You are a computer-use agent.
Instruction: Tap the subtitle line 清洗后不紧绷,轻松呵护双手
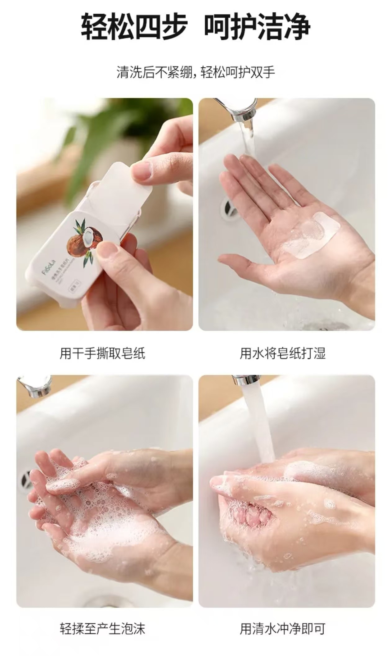pyautogui.click(x=195, y=72)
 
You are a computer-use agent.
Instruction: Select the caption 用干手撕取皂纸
pyautogui.click(x=102, y=353)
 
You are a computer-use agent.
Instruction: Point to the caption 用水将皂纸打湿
pyautogui.click(x=282, y=353)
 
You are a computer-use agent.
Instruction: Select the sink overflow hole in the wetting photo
pyautogui.click(x=228, y=207)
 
